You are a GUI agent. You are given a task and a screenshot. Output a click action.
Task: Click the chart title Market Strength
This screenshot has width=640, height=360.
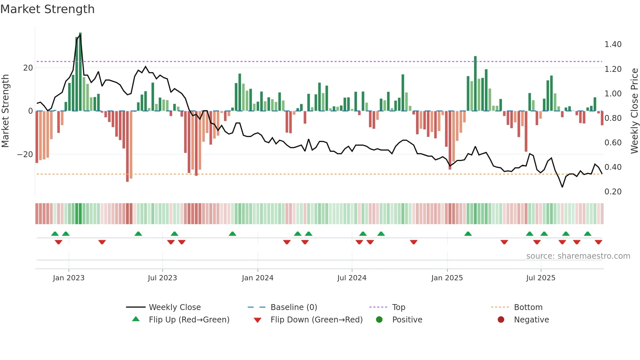tap(47, 9)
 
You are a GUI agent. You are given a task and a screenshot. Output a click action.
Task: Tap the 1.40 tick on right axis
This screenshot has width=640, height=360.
tap(613, 44)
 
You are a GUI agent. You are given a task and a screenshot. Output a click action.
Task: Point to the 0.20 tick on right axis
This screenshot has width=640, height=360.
tap(613, 192)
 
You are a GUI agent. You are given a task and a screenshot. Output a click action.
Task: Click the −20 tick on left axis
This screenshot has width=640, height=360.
tap(25, 155)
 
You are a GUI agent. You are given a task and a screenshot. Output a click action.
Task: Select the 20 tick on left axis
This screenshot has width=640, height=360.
tap(28, 68)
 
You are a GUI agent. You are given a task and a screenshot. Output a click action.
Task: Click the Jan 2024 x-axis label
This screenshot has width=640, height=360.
tap(257, 278)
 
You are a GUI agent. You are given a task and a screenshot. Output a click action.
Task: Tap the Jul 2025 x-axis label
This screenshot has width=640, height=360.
tap(540, 278)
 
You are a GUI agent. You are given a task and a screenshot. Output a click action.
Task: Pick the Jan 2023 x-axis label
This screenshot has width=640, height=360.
tap(69, 278)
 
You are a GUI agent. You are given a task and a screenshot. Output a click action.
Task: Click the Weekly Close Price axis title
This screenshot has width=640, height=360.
tap(634, 111)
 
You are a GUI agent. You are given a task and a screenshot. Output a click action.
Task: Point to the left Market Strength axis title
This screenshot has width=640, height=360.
tap(5, 111)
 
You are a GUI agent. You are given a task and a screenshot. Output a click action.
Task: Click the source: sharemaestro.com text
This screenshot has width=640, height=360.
tap(578, 256)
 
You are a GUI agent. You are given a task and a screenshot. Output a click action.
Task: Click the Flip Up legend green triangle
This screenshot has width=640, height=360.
tap(136, 319)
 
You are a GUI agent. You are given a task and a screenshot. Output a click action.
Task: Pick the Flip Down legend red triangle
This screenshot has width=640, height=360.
tap(257, 320)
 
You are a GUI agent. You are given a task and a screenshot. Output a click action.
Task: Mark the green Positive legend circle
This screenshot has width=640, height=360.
tap(379, 320)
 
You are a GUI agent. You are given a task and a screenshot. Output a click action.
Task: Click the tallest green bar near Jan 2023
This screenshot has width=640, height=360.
tap(80, 72)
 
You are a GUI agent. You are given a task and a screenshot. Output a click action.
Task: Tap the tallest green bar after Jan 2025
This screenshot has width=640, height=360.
tap(475, 84)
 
